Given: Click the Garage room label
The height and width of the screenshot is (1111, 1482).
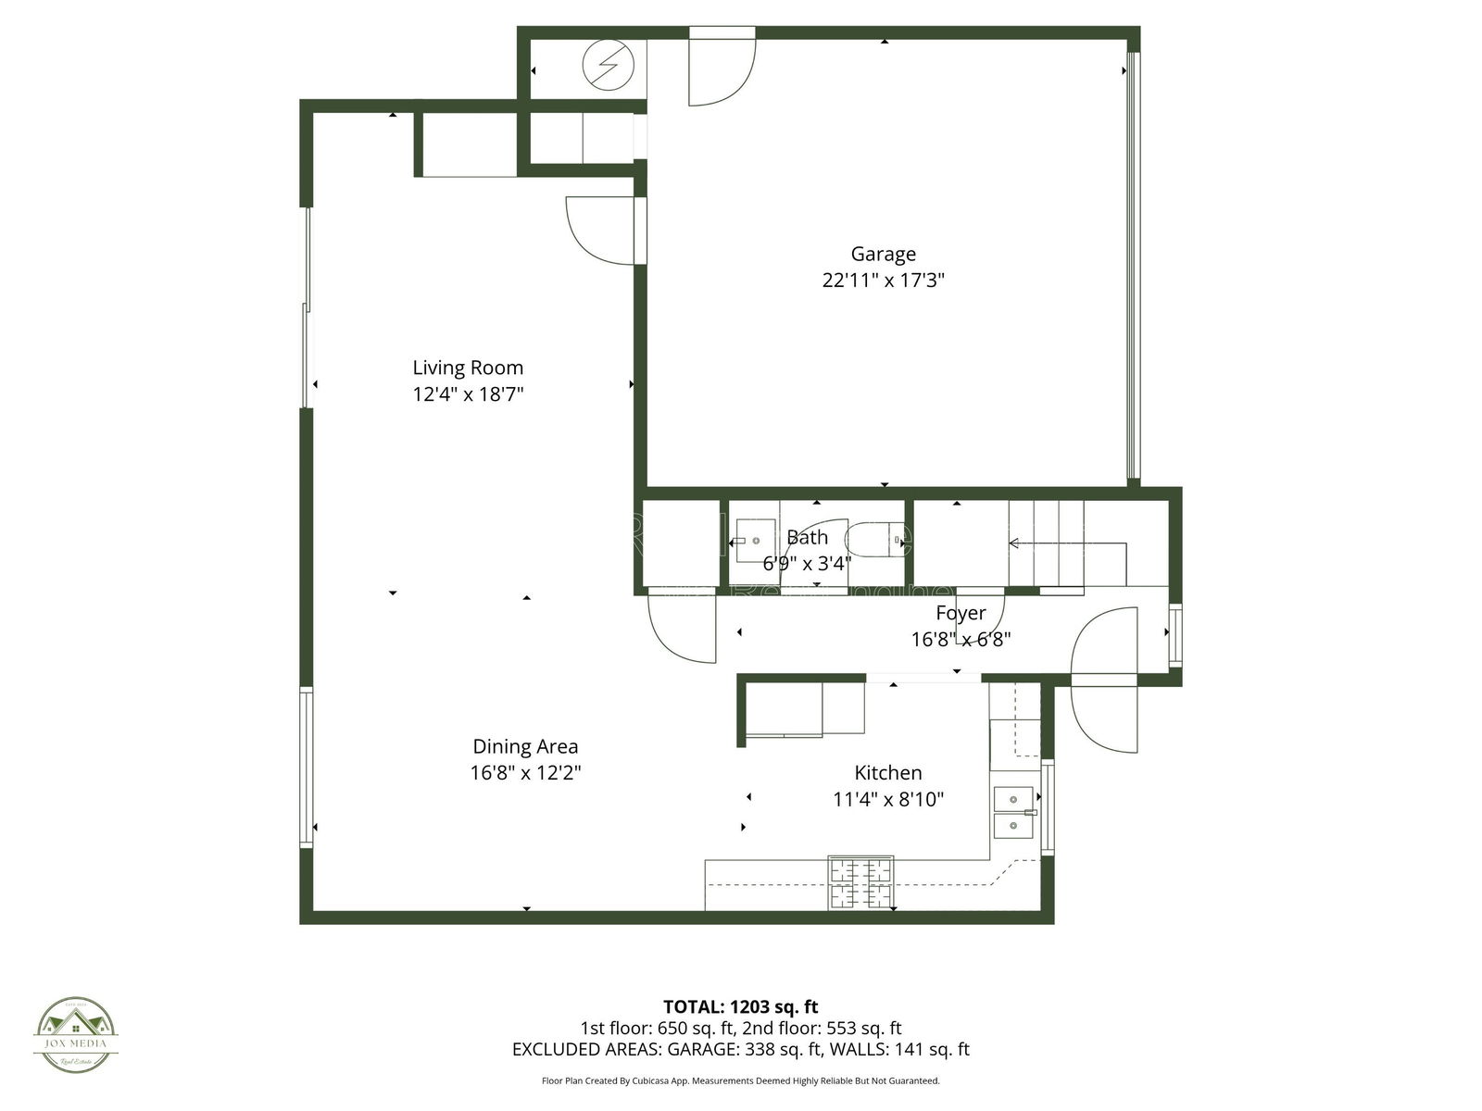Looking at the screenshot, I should [x=883, y=254].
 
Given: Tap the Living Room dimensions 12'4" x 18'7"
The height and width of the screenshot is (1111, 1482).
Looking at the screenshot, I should [x=468, y=394].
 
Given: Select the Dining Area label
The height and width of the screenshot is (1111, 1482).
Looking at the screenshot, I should [x=525, y=746].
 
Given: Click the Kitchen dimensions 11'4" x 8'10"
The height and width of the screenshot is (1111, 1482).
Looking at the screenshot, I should [x=887, y=799].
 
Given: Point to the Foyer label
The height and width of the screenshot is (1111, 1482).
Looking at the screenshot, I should [x=961, y=613].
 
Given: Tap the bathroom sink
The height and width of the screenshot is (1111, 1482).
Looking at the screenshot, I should [x=754, y=540].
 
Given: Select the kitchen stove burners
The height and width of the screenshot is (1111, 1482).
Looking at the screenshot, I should [x=860, y=882].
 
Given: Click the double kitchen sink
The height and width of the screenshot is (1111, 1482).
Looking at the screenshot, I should [x=1013, y=811].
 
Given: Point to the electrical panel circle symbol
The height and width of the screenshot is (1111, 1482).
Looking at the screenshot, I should [x=608, y=66].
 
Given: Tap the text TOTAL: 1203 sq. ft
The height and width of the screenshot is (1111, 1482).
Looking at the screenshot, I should [x=740, y=1006].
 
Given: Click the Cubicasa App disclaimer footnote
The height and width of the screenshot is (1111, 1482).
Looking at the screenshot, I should [x=740, y=1080].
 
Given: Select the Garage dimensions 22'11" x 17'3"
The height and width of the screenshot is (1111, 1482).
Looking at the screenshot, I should [x=883, y=280].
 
